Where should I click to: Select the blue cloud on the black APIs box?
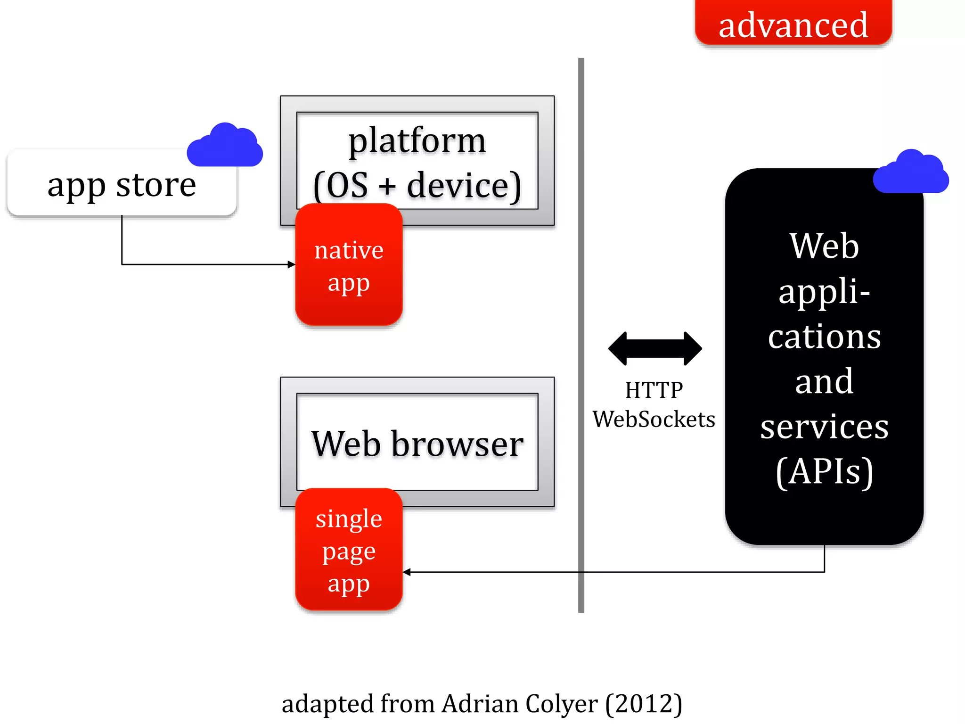point(910,173)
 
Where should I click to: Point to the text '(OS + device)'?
point(417,186)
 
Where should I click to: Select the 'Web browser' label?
point(417,444)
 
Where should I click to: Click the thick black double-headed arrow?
point(655,349)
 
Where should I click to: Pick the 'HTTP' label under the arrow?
point(654,390)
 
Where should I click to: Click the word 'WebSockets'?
point(654,419)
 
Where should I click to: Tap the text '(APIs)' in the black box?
point(824,471)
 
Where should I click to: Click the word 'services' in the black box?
point(824,427)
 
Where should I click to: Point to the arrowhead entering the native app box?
point(291,264)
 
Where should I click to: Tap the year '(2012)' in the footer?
point(644,704)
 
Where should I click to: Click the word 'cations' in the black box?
point(824,337)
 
